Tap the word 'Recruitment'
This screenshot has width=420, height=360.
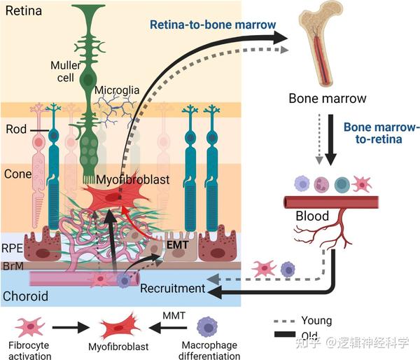[x=171, y=288]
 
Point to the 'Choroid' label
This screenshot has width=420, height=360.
[x=26, y=296]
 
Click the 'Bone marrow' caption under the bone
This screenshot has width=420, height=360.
[x=328, y=98]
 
